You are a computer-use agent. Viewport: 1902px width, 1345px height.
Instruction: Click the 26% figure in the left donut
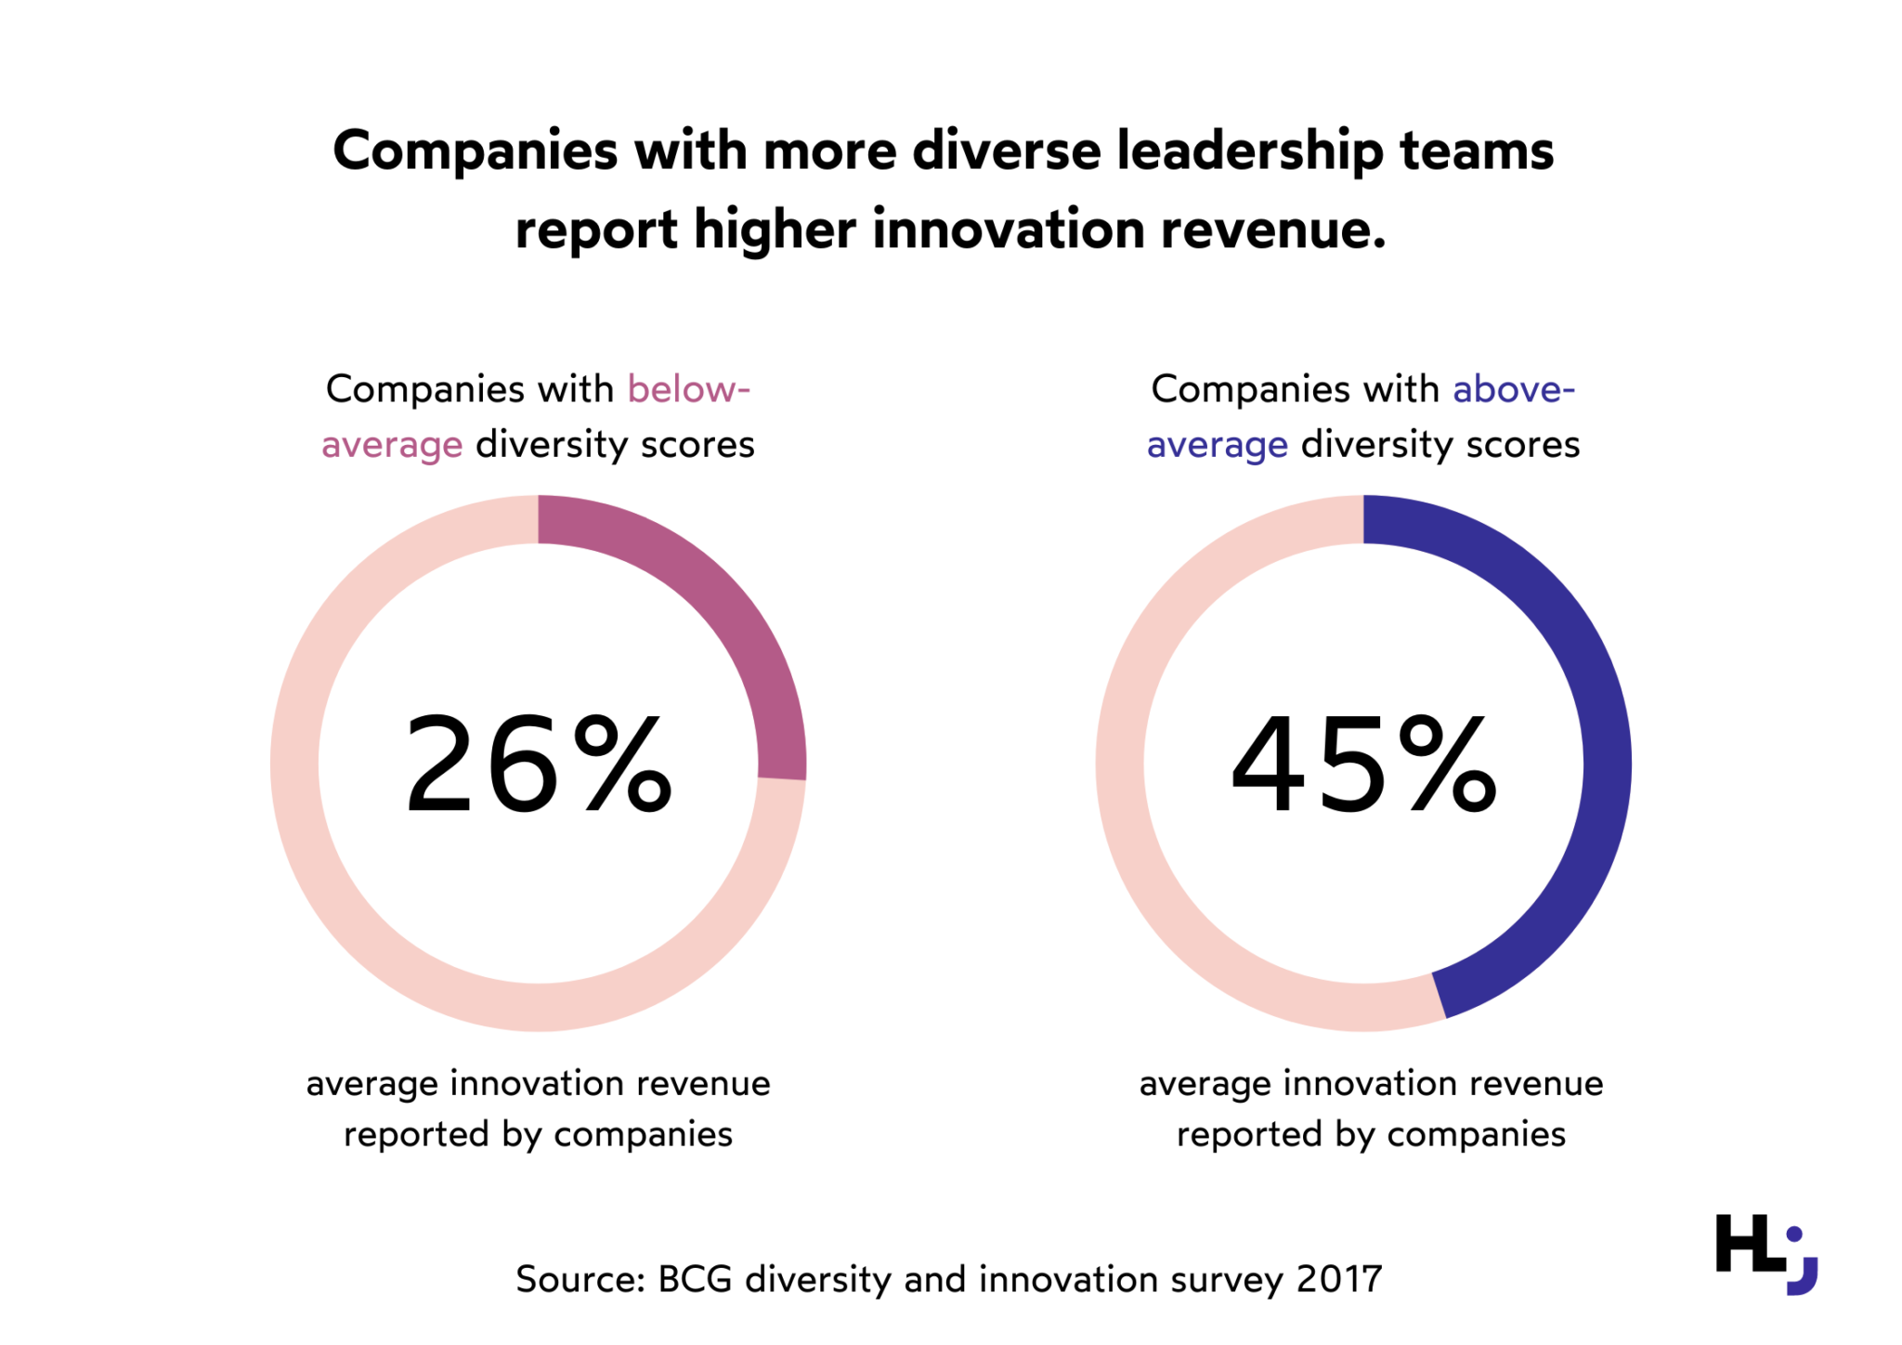click(538, 764)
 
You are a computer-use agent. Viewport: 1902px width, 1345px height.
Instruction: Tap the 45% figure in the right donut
click(1362, 764)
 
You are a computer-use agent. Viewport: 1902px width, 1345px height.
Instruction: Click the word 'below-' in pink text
click(688, 389)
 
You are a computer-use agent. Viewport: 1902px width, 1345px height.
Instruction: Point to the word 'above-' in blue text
click(1514, 389)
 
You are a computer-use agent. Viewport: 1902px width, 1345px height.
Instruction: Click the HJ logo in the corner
click(1765, 1253)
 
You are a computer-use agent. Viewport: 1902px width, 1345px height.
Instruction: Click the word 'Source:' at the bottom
click(580, 1280)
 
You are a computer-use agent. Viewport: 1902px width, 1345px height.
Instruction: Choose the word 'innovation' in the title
click(1009, 229)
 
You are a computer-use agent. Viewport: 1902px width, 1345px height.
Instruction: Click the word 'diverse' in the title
click(1007, 150)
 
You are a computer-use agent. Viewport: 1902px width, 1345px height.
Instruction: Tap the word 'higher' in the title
click(774, 229)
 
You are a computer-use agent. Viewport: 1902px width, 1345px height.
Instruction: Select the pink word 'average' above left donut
click(392, 446)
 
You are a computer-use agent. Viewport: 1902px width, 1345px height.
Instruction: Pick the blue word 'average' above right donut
click(1217, 446)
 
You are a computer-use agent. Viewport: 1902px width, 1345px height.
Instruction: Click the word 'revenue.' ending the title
click(1273, 229)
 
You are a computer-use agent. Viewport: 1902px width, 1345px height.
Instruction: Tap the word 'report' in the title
click(596, 229)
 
